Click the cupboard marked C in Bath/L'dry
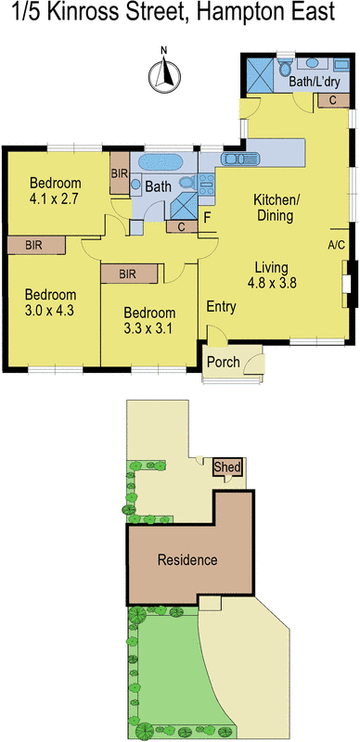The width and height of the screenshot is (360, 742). point(331,100)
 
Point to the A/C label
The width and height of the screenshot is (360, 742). point(337,245)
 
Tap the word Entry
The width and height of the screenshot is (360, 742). point(221,306)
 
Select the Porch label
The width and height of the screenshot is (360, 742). point(223,362)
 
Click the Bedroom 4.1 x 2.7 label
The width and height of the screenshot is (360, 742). point(56,189)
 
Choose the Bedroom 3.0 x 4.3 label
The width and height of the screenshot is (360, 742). point(50,303)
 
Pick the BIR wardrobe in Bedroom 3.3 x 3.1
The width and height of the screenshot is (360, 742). point(127,273)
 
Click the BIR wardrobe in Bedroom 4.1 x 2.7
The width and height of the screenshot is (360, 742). point(119,173)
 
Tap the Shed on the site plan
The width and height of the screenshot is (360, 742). point(225,467)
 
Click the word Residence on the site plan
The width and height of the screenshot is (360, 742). point(186,560)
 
